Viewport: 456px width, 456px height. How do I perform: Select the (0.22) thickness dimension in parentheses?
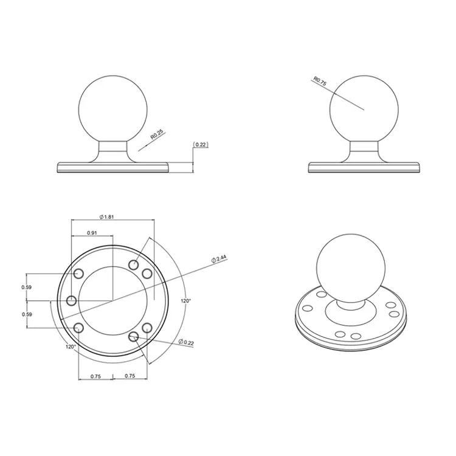[x=201, y=144]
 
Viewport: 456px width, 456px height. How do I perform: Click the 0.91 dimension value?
[x=92, y=233]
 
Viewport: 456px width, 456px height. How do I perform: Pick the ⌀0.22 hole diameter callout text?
[x=186, y=343]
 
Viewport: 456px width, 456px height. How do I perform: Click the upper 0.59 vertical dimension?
[x=26, y=287]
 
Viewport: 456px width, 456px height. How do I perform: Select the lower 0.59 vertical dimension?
[x=26, y=314]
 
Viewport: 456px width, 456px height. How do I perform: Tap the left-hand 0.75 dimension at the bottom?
[x=96, y=376]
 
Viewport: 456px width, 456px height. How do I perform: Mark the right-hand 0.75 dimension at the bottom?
[x=129, y=376]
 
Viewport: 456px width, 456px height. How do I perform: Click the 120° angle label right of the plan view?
[x=186, y=300]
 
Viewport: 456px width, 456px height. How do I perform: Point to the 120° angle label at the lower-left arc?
[x=71, y=347]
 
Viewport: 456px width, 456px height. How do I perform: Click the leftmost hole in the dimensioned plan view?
[x=72, y=300]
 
